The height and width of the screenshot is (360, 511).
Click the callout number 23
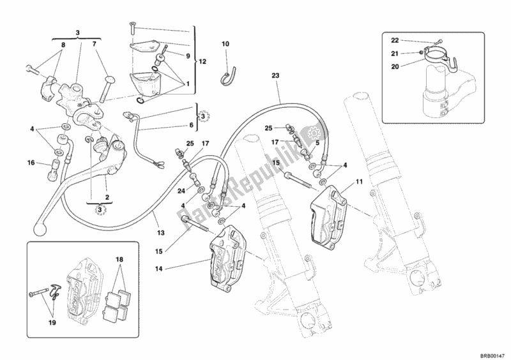point(275,75)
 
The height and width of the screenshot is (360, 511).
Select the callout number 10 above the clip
point(225,44)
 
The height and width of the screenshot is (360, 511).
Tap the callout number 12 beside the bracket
point(202,62)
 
